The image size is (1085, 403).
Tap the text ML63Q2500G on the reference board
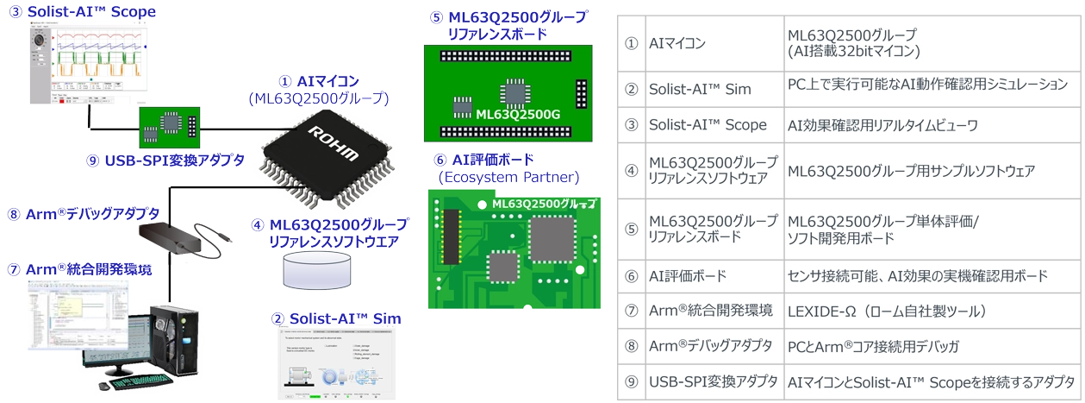point(507,114)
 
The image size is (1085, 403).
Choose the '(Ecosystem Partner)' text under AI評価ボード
point(508,177)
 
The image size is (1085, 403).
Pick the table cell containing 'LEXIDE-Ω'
point(887,311)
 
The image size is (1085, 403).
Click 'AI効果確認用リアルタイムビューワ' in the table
point(882,125)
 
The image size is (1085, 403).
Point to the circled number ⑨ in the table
point(631,381)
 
